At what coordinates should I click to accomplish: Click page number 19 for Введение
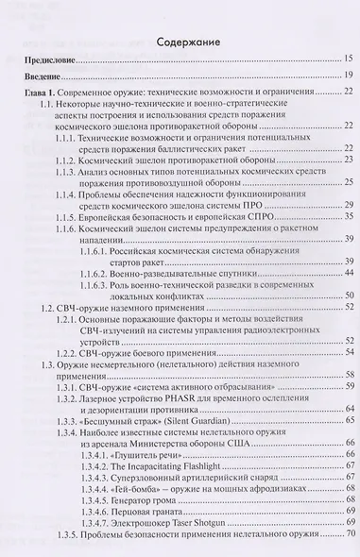click(348, 76)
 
